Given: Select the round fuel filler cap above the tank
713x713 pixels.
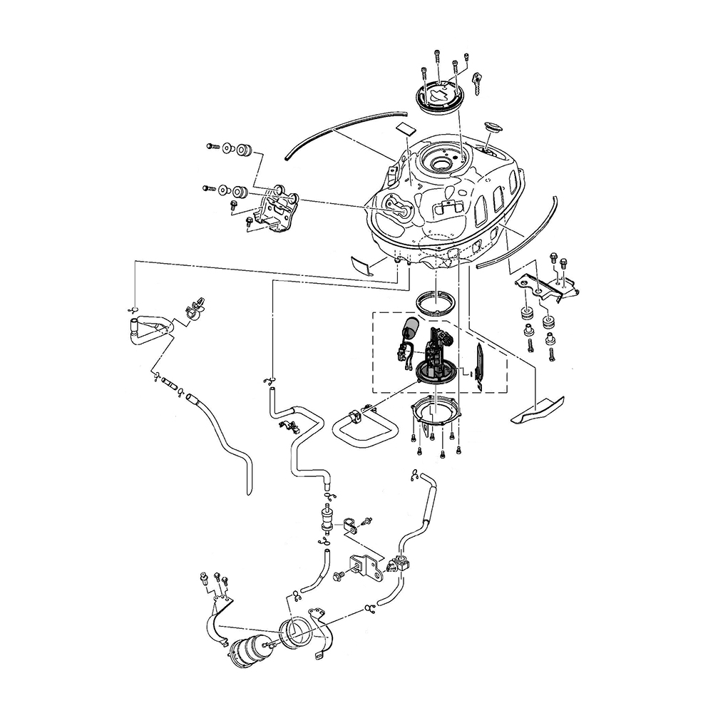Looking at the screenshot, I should pos(439,97).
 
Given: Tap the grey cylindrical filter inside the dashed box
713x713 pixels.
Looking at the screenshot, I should pos(409,331).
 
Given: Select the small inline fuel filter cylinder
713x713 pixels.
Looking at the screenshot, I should pos(328,517).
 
